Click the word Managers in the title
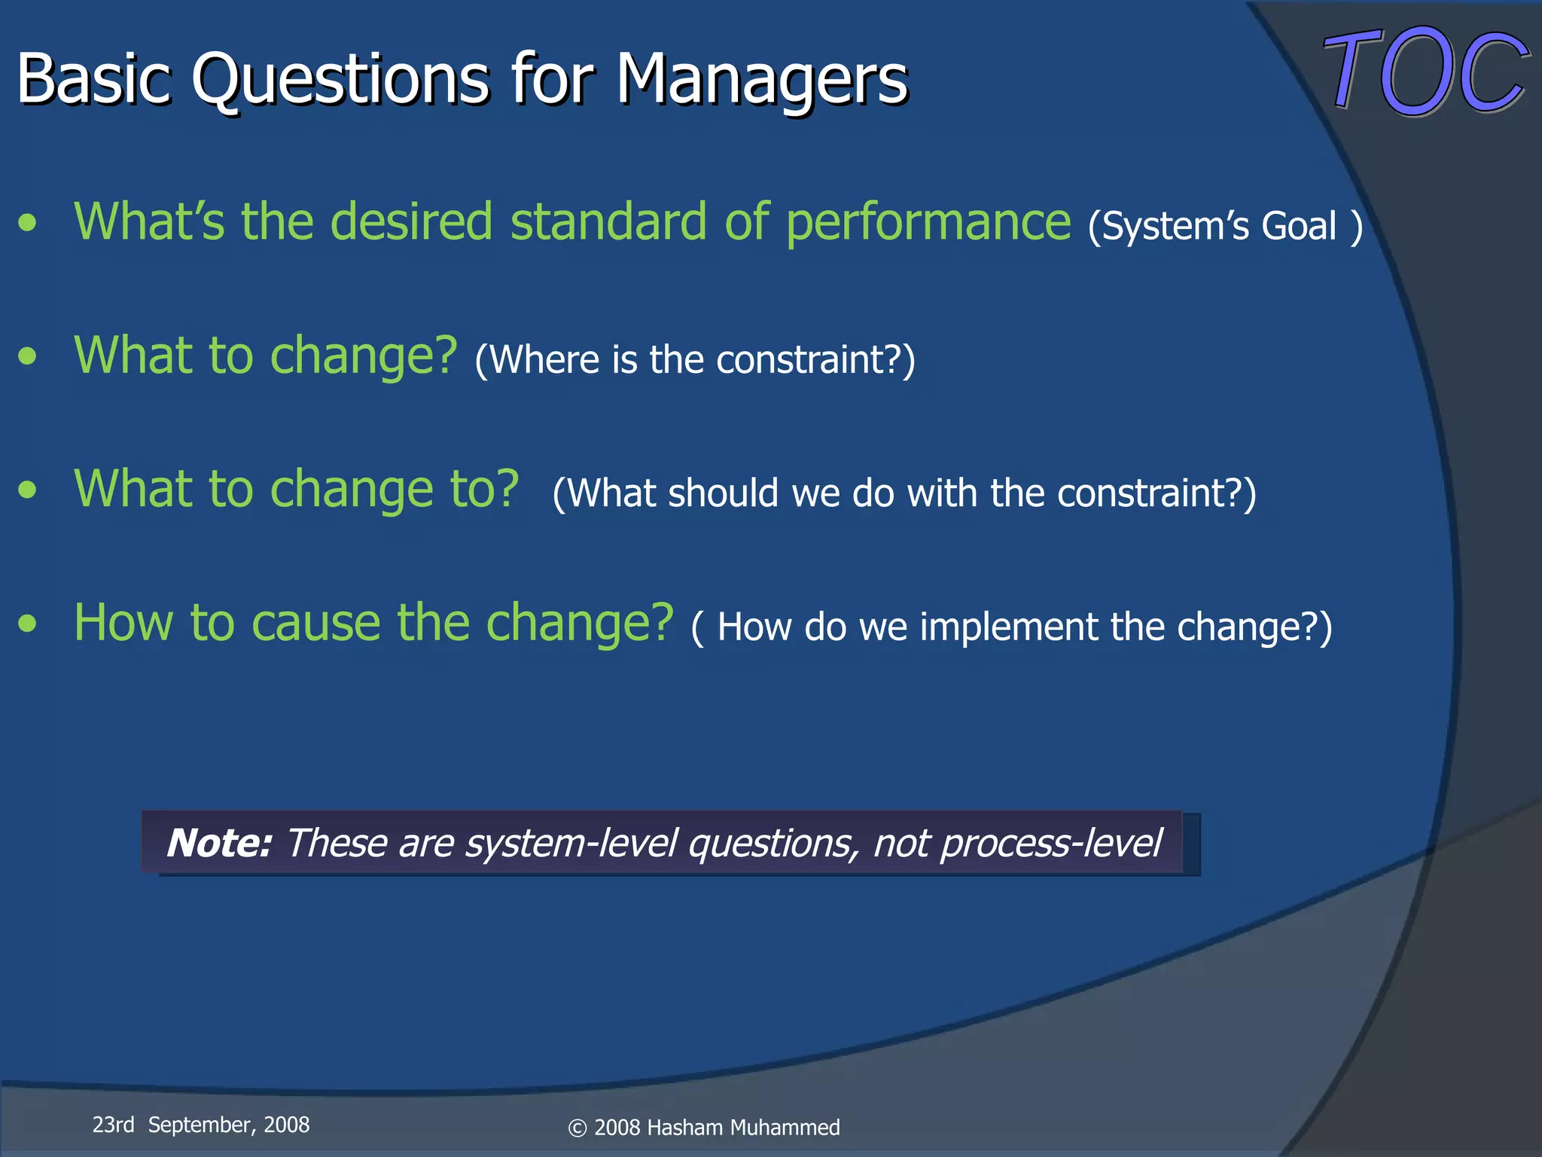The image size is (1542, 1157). (x=762, y=79)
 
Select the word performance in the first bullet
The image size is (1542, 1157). (x=928, y=223)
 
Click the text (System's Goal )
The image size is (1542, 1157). (x=1225, y=226)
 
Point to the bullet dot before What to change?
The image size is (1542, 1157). (x=28, y=356)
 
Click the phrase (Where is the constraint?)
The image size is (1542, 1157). (x=694, y=359)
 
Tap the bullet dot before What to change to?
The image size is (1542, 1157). (x=28, y=490)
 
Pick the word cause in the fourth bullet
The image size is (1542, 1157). (x=316, y=624)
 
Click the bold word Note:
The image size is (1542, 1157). (x=219, y=843)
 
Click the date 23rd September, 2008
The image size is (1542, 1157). (x=201, y=1125)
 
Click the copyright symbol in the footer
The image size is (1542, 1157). (x=577, y=1128)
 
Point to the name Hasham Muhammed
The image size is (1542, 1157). (x=743, y=1128)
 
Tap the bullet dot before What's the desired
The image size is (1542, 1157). (x=28, y=223)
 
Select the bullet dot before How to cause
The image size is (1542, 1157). (x=28, y=624)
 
